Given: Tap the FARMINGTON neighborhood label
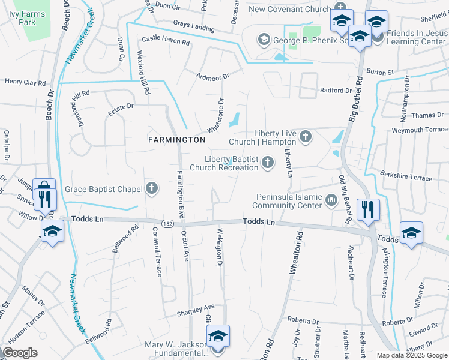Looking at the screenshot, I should coord(176,139).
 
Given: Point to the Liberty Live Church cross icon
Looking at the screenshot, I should coord(305,137).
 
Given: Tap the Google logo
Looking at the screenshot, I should coord(20,353).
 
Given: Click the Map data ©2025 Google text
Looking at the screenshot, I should coord(412,355).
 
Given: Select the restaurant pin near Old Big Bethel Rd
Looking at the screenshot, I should coord(367,209).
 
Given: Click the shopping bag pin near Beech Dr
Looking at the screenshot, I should coord(44,190).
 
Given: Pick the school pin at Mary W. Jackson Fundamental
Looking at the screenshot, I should coord(218,337).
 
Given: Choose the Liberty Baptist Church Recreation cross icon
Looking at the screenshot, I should coord(267,163).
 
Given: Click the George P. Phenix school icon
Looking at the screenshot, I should coord(263,40).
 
